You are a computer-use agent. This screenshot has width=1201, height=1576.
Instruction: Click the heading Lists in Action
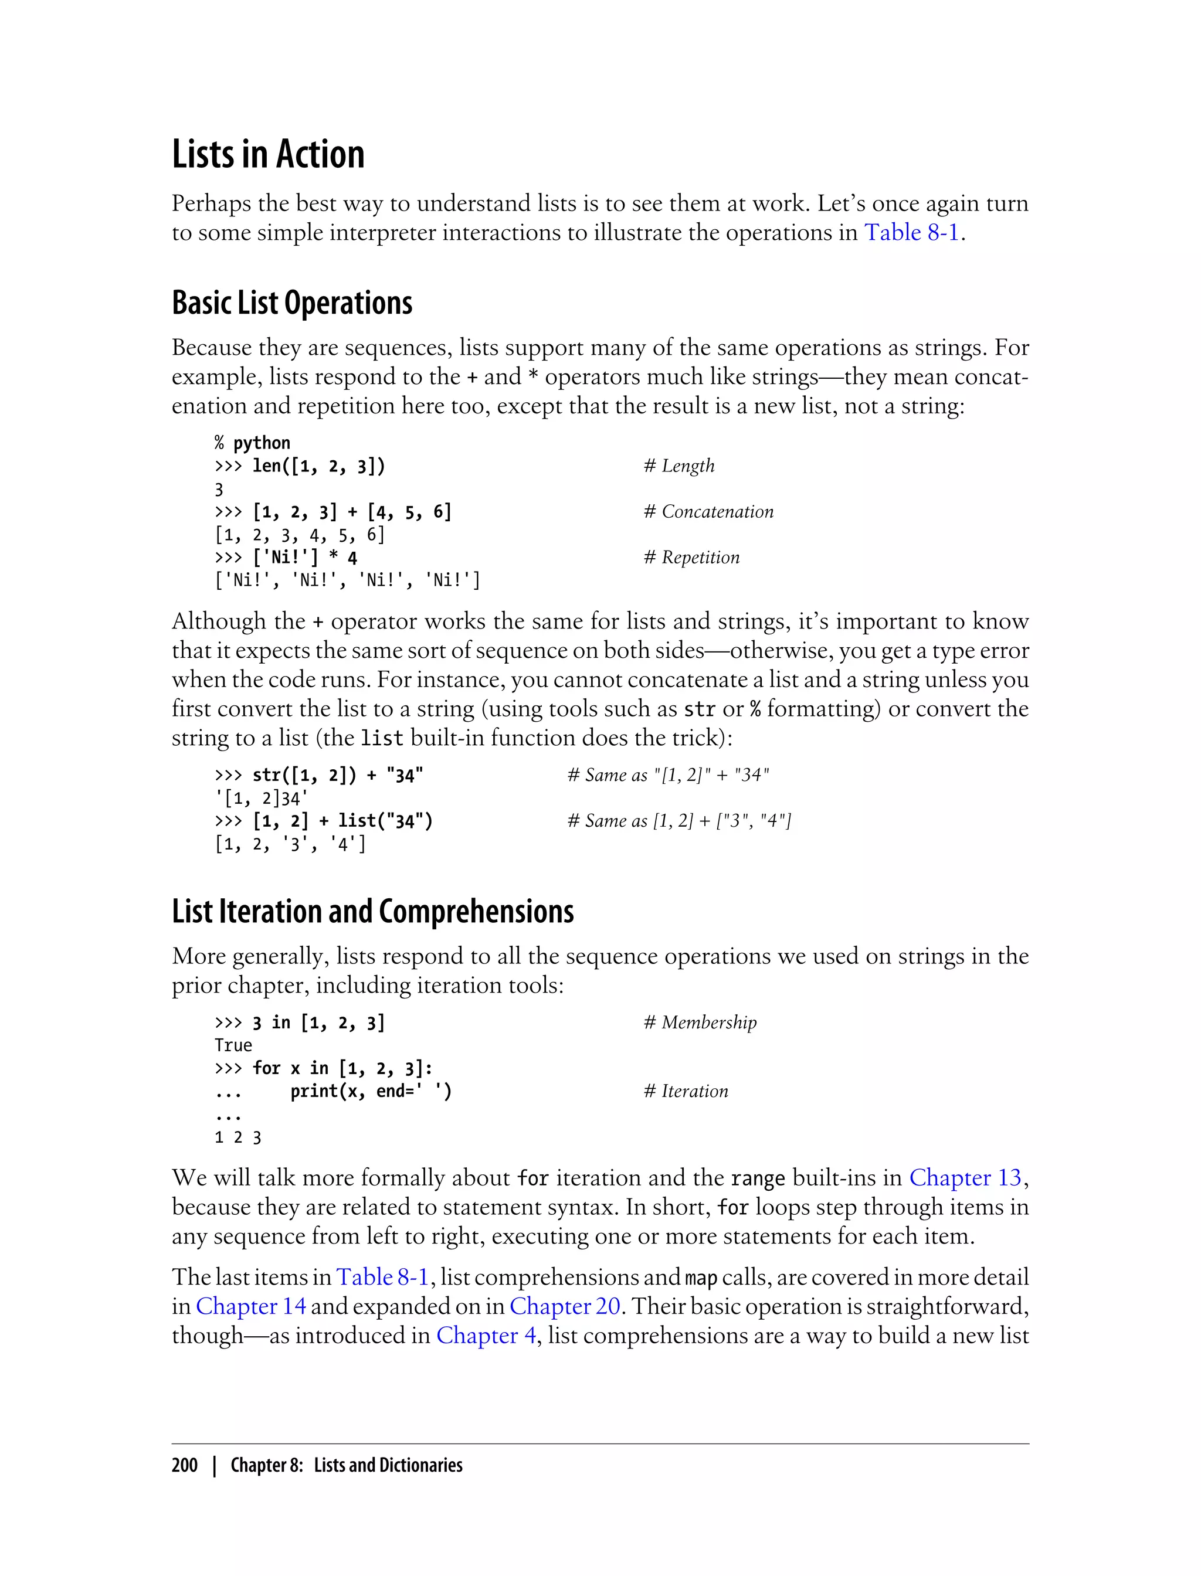click(x=268, y=154)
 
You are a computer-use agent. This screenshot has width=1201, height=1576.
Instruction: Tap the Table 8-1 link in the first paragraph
click(x=911, y=233)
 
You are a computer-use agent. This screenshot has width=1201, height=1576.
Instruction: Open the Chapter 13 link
click(x=965, y=1177)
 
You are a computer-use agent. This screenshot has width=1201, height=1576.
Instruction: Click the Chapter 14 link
click(x=250, y=1306)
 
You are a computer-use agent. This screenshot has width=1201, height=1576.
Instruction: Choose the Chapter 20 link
click(x=564, y=1306)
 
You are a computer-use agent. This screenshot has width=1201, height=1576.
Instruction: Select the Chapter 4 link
click(x=486, y=1335)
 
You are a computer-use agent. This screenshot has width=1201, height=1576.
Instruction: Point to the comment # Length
click(x=678, y=466)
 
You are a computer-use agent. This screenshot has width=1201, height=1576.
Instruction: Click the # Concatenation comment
click(x=708, y=512)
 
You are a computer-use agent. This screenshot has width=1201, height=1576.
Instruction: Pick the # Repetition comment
click(x=691, y=558)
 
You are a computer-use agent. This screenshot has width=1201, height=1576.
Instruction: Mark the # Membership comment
click(x=699, y=1022)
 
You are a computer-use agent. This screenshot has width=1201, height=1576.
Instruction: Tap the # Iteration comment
click(x=685, y=1091)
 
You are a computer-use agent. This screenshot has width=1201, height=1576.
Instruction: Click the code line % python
click(x=252, y=443)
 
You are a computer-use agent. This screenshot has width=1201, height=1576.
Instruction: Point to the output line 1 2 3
click(x=238, y=1137)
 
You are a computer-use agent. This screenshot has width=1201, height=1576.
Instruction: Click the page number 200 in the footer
click(x=185, y=1465)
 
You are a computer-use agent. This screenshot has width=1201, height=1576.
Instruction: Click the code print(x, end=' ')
click(x=370, y=1091)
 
